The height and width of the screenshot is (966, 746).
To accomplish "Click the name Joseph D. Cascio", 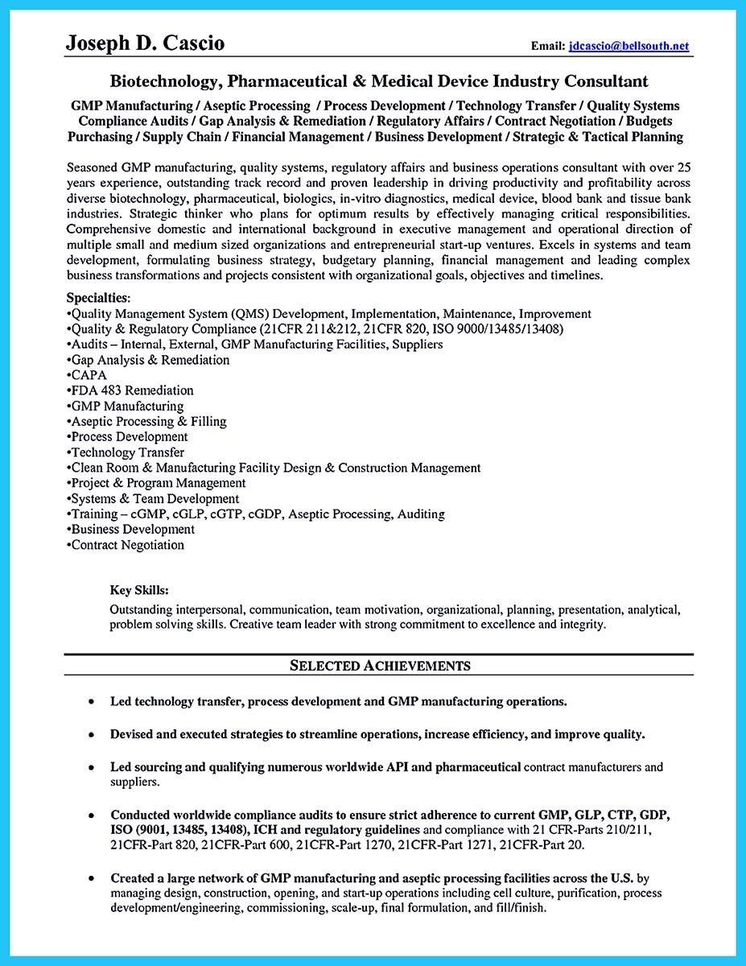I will click(146, 43).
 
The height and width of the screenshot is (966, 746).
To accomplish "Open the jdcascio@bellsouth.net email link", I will click(629, 47).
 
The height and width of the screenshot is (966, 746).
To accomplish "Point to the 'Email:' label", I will click(548, 47).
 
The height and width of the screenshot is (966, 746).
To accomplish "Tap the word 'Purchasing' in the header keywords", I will click(100, 137).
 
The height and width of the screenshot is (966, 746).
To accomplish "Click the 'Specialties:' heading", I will click(98, 298).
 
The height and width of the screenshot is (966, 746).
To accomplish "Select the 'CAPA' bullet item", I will click(88, 375).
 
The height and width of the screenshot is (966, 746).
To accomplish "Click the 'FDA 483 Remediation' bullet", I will click(131, 390).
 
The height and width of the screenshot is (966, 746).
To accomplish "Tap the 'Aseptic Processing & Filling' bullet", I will click(148, 421).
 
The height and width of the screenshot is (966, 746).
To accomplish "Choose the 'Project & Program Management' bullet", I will click(158, 483).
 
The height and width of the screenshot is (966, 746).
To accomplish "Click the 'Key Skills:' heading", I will click(139, 589).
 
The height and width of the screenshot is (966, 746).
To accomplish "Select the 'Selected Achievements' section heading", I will click(379, 665).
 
